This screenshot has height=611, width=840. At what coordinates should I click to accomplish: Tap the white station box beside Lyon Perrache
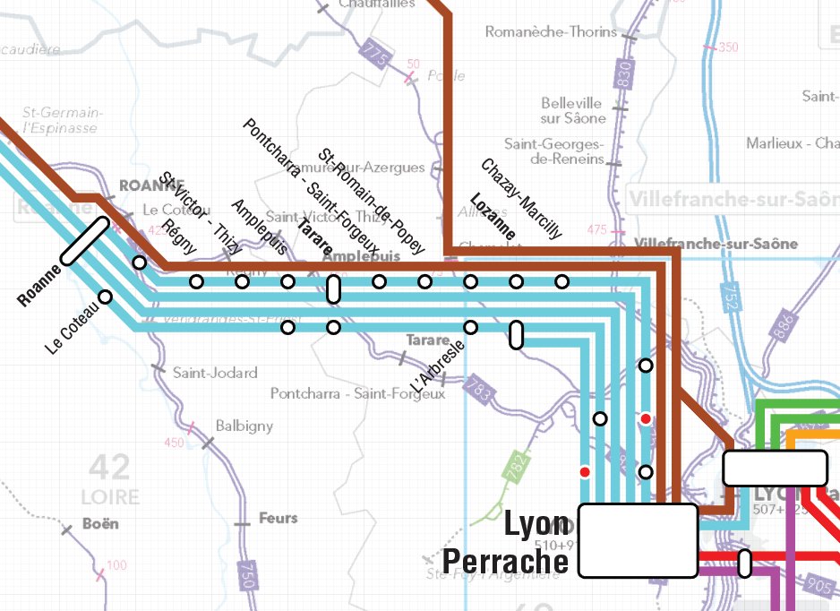pos(638,539)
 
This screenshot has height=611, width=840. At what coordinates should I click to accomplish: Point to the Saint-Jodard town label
pos(215,373)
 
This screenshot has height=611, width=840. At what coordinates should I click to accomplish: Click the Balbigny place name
pos(244,426)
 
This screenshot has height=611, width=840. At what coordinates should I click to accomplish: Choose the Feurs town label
pos(278,518)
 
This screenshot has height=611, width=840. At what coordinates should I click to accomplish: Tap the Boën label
pos(100,523)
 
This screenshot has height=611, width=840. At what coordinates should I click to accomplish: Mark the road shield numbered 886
pos(785,324)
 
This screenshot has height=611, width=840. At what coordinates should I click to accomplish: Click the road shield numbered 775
pos(377,56)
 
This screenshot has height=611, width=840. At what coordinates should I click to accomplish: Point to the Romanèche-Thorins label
pos(551,32)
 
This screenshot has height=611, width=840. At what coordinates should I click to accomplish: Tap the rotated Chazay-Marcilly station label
pos(521,199)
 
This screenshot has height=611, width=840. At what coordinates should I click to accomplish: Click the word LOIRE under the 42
pos(110,497)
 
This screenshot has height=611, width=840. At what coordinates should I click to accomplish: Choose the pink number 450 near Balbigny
pos(174,443)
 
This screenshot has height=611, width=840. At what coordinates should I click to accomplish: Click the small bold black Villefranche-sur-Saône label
pos(716,244)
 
